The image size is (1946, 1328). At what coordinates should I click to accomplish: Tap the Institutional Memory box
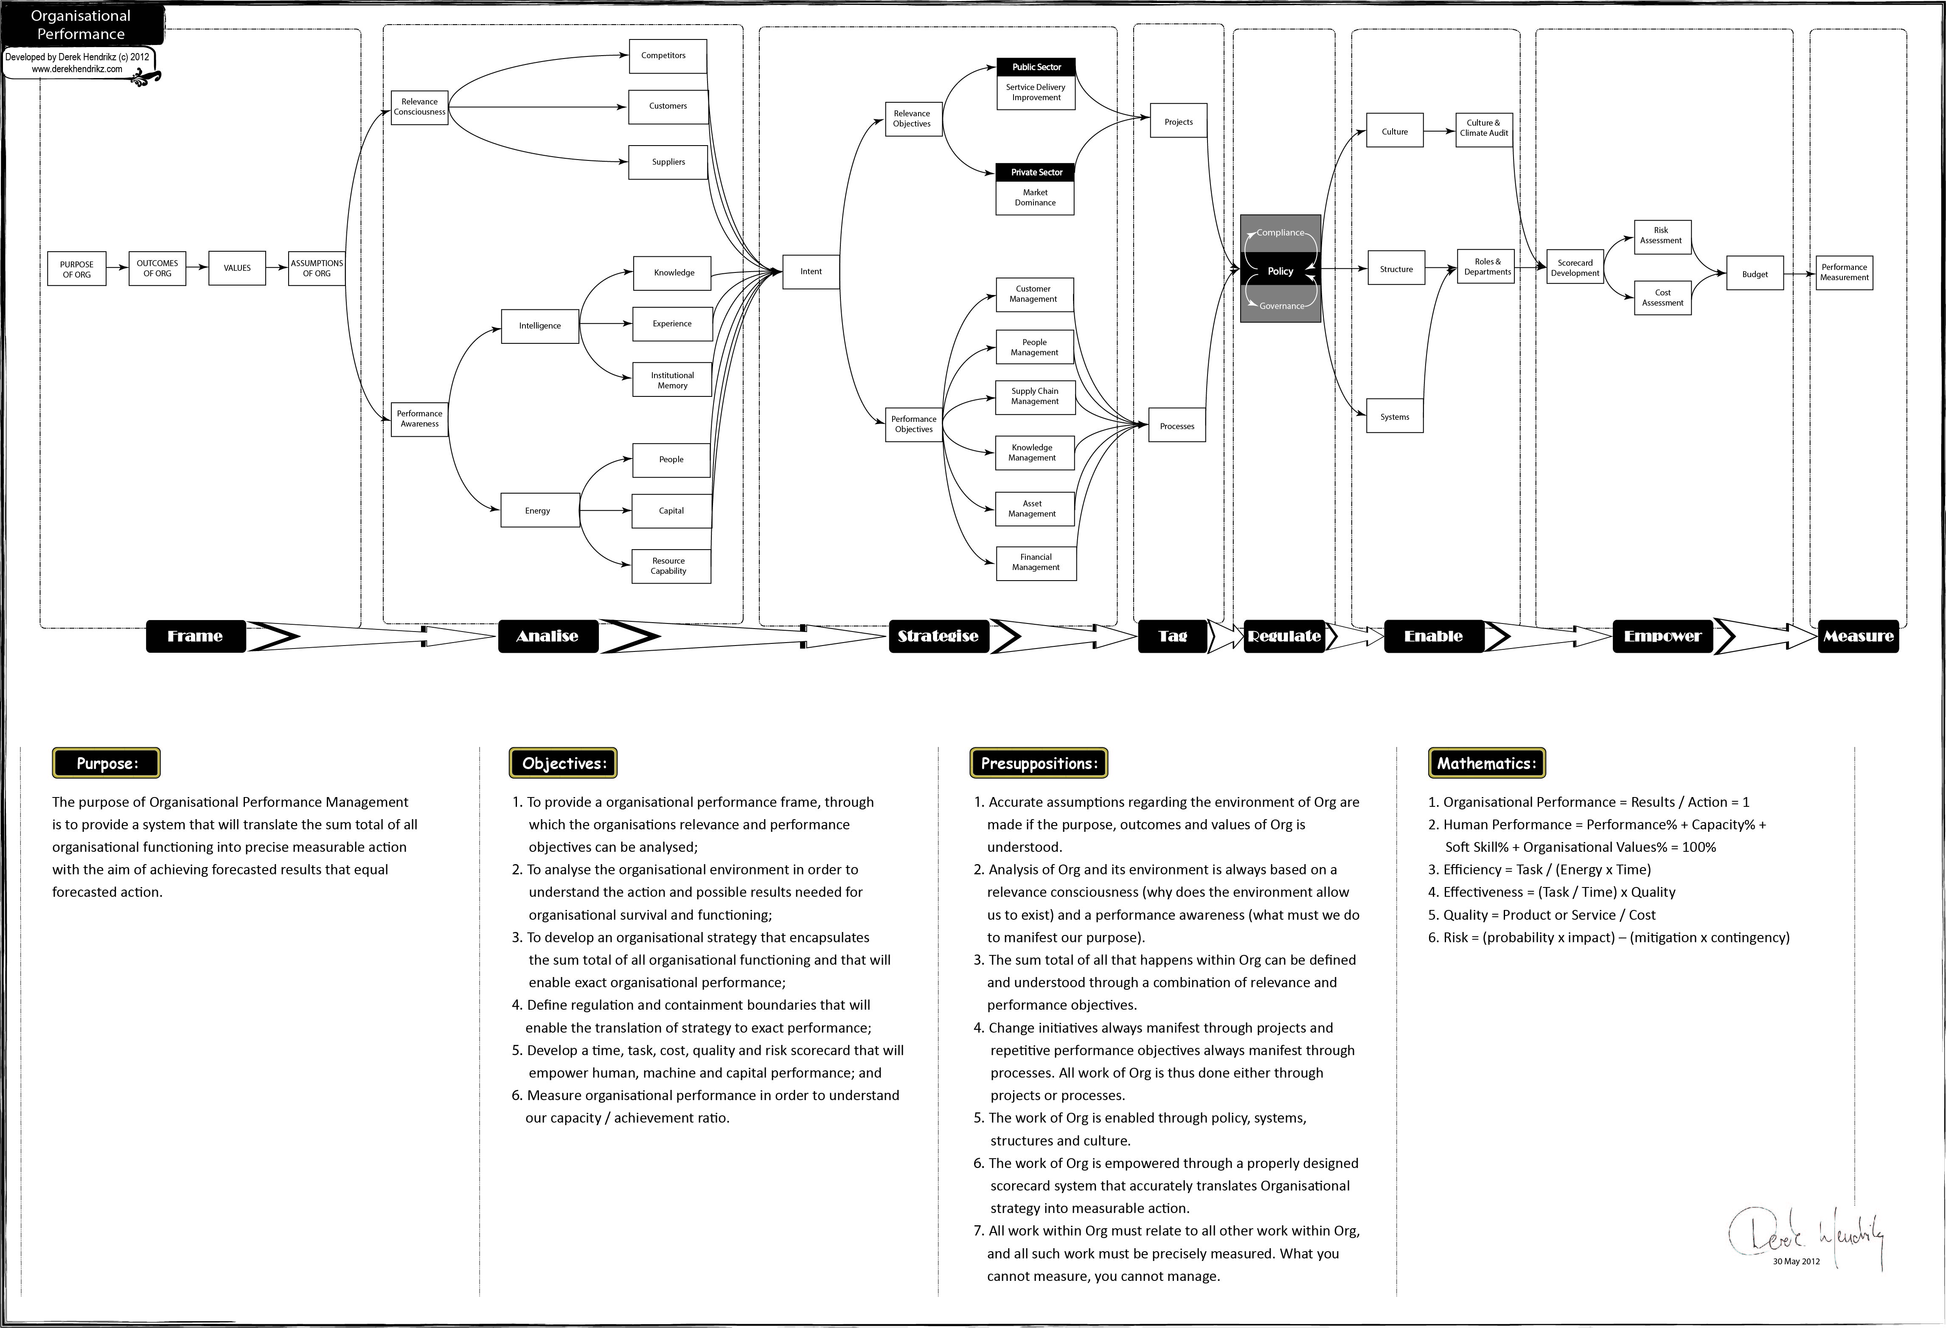(x=672, y=380)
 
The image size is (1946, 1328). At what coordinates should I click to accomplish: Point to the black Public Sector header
(x=1036, y=67)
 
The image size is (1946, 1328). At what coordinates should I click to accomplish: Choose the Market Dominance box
(x=1035, y=198)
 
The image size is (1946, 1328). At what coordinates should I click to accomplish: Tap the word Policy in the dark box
(x=1280, y=271)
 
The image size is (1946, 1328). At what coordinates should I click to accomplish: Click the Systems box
(x=1395, y=416)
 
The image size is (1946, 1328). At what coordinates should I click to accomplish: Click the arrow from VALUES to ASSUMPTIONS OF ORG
(x=277, y=268)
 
